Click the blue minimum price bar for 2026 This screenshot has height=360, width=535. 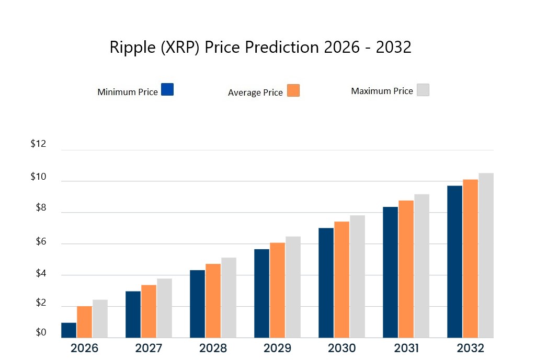[69, 330]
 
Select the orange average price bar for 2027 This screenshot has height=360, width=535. [149, 311]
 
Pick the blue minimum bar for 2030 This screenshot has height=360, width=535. [326, 283]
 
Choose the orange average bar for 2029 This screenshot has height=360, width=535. [277, 290]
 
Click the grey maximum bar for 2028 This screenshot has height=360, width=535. [229, 297]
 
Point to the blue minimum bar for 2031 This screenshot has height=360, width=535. [390, 272]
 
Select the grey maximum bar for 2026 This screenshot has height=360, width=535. [100, 318]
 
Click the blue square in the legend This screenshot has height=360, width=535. [167, 89]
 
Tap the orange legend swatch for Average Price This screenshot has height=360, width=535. [293, 90]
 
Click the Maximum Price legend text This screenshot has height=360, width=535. [382, 91]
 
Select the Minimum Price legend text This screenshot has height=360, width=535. [127, 92]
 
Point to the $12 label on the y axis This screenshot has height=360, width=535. [38, 144]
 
